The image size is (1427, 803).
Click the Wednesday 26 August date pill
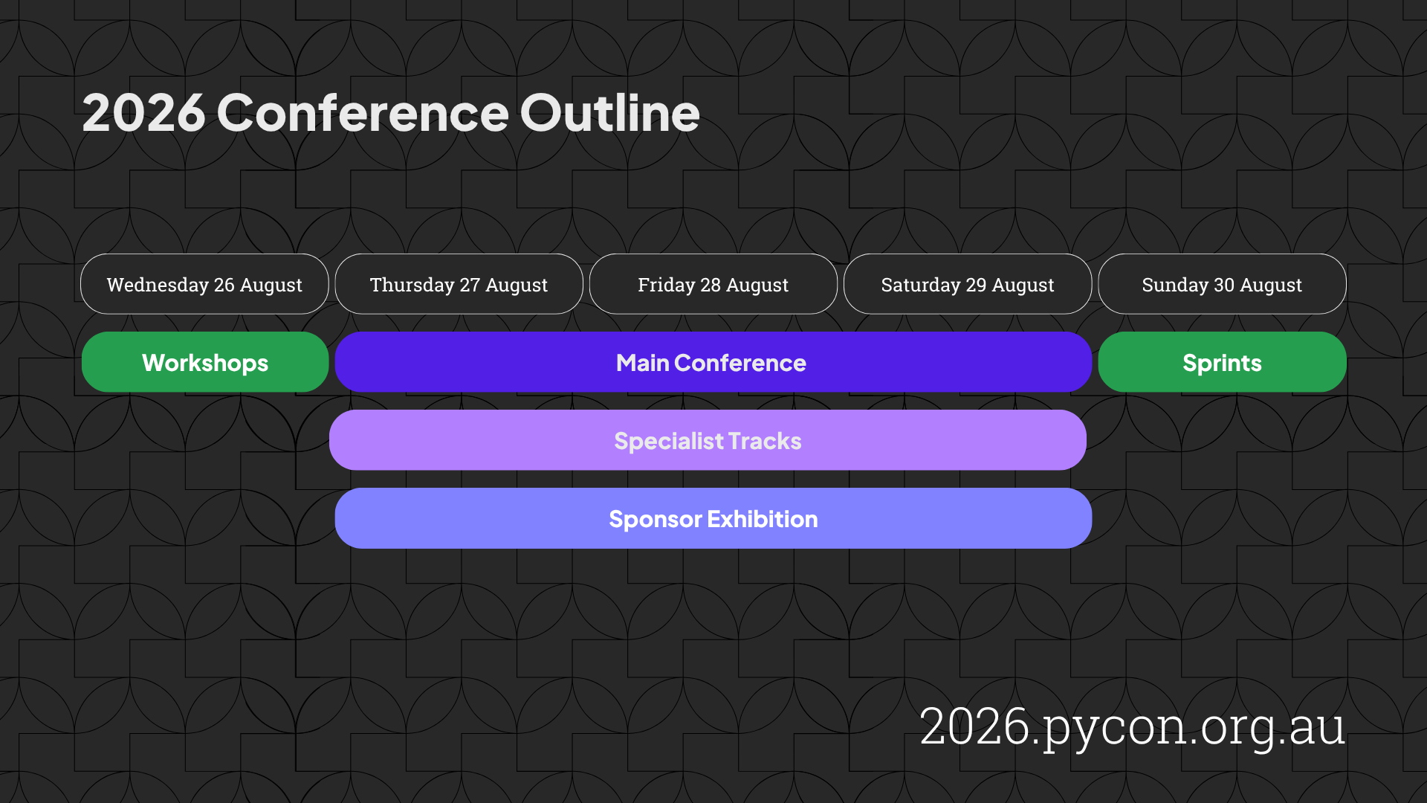tap(204, 284)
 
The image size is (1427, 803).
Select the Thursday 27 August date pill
tap(459, 284)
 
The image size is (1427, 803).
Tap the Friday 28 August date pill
tap(713, 284)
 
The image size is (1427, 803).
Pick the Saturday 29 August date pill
tap(967, 284)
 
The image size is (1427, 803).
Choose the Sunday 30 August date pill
tap(1222, 284)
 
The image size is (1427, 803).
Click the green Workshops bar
tap(205, 362)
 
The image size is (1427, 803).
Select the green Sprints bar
tap(1222, 362)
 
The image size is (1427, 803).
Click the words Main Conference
tap(711, 363)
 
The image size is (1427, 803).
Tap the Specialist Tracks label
tap(708, 441)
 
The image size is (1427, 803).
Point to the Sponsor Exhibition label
tap(713, 519)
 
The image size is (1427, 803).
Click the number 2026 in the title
tap(143, 113)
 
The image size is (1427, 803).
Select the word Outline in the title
tap(609, 113)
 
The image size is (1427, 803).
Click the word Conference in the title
tap(363, 113)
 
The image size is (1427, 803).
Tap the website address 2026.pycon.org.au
tap(1132, 726)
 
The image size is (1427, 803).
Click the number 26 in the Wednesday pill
tap(224, 285)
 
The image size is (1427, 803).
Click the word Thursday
tap(412, 285)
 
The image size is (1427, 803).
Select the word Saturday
tap(920, 285)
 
